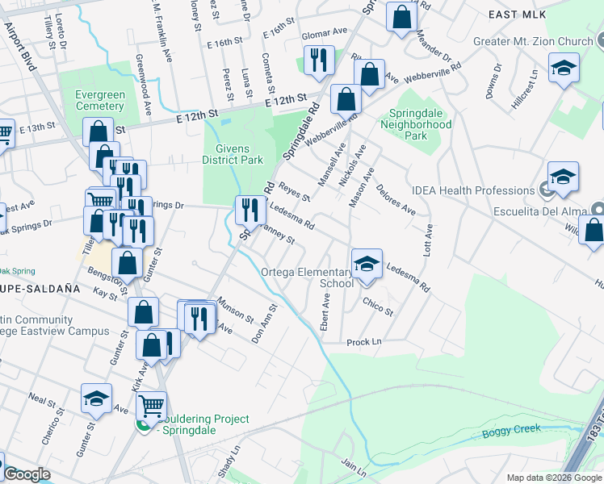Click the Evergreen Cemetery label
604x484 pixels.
click(x=99, y=100)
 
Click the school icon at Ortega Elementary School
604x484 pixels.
click(x=367, y=263)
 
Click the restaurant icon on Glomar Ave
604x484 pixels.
click(x=319, y=60)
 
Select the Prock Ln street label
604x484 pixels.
click(x=363, y=342)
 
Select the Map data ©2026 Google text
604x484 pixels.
click(x=553, y=478)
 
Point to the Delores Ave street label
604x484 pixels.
click(x=396, y=200)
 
